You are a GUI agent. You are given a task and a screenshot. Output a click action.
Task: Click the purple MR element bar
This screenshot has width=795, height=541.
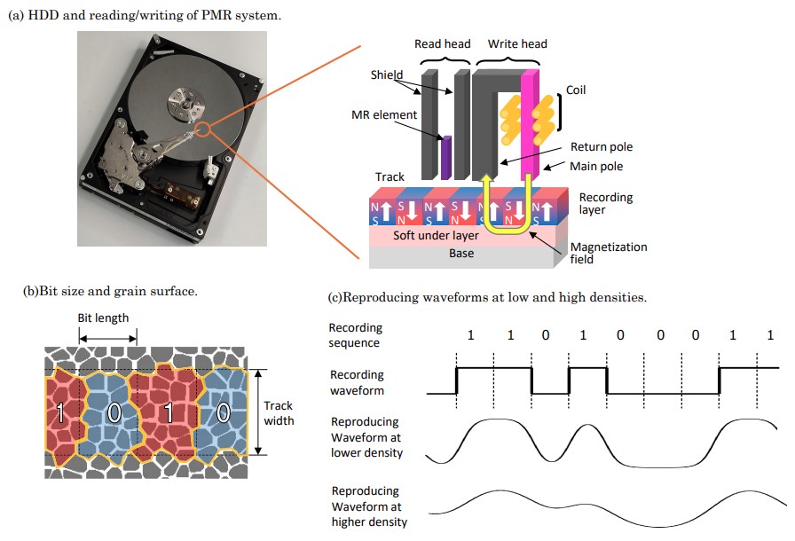[x=445, y=157]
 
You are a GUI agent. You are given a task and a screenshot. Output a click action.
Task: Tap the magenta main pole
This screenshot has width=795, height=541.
[x=530, y=125]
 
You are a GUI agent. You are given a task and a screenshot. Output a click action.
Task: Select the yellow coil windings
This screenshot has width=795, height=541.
[x=527, y=120]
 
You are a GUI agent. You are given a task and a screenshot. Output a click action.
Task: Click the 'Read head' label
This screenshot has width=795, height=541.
[x=442, y=44]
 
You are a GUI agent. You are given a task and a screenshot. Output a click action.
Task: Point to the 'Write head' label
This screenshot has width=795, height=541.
[x=517, y=44]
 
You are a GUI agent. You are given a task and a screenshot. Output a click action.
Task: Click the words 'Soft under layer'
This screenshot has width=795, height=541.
[x=436, y=236]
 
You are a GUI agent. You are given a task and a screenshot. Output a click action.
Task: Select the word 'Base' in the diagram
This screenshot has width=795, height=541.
[x=461, y=254]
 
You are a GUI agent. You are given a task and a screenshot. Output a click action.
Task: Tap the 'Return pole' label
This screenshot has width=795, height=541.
[x=602, y=147]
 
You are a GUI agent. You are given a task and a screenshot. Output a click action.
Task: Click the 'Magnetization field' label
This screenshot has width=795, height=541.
[x=609, y=253]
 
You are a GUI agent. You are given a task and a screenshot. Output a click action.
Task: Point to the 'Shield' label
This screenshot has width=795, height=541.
[x=386, y=75]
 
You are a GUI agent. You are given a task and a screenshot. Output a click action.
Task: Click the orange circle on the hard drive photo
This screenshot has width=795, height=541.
[x=202, y=129]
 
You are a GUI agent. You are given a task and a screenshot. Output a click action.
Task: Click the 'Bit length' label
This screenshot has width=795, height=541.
[x=103, y=318]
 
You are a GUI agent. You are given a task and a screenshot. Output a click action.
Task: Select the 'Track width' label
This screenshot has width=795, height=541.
[x=279, y=413]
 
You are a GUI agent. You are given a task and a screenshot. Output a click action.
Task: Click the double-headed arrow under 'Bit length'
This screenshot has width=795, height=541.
[x=108, y=339]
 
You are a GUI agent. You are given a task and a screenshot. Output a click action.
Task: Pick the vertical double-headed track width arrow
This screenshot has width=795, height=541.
[x=258, y=412]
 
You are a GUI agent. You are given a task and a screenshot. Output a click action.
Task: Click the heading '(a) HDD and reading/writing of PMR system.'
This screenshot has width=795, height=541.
[x=145, y=15]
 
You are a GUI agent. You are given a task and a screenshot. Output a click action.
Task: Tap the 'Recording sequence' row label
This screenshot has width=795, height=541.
[x=355, y=335]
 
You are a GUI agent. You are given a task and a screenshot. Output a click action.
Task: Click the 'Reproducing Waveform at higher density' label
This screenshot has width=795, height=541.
[x=369, y=506]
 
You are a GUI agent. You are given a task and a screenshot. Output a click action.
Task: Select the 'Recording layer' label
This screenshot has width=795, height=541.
[x=606, y=203]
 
